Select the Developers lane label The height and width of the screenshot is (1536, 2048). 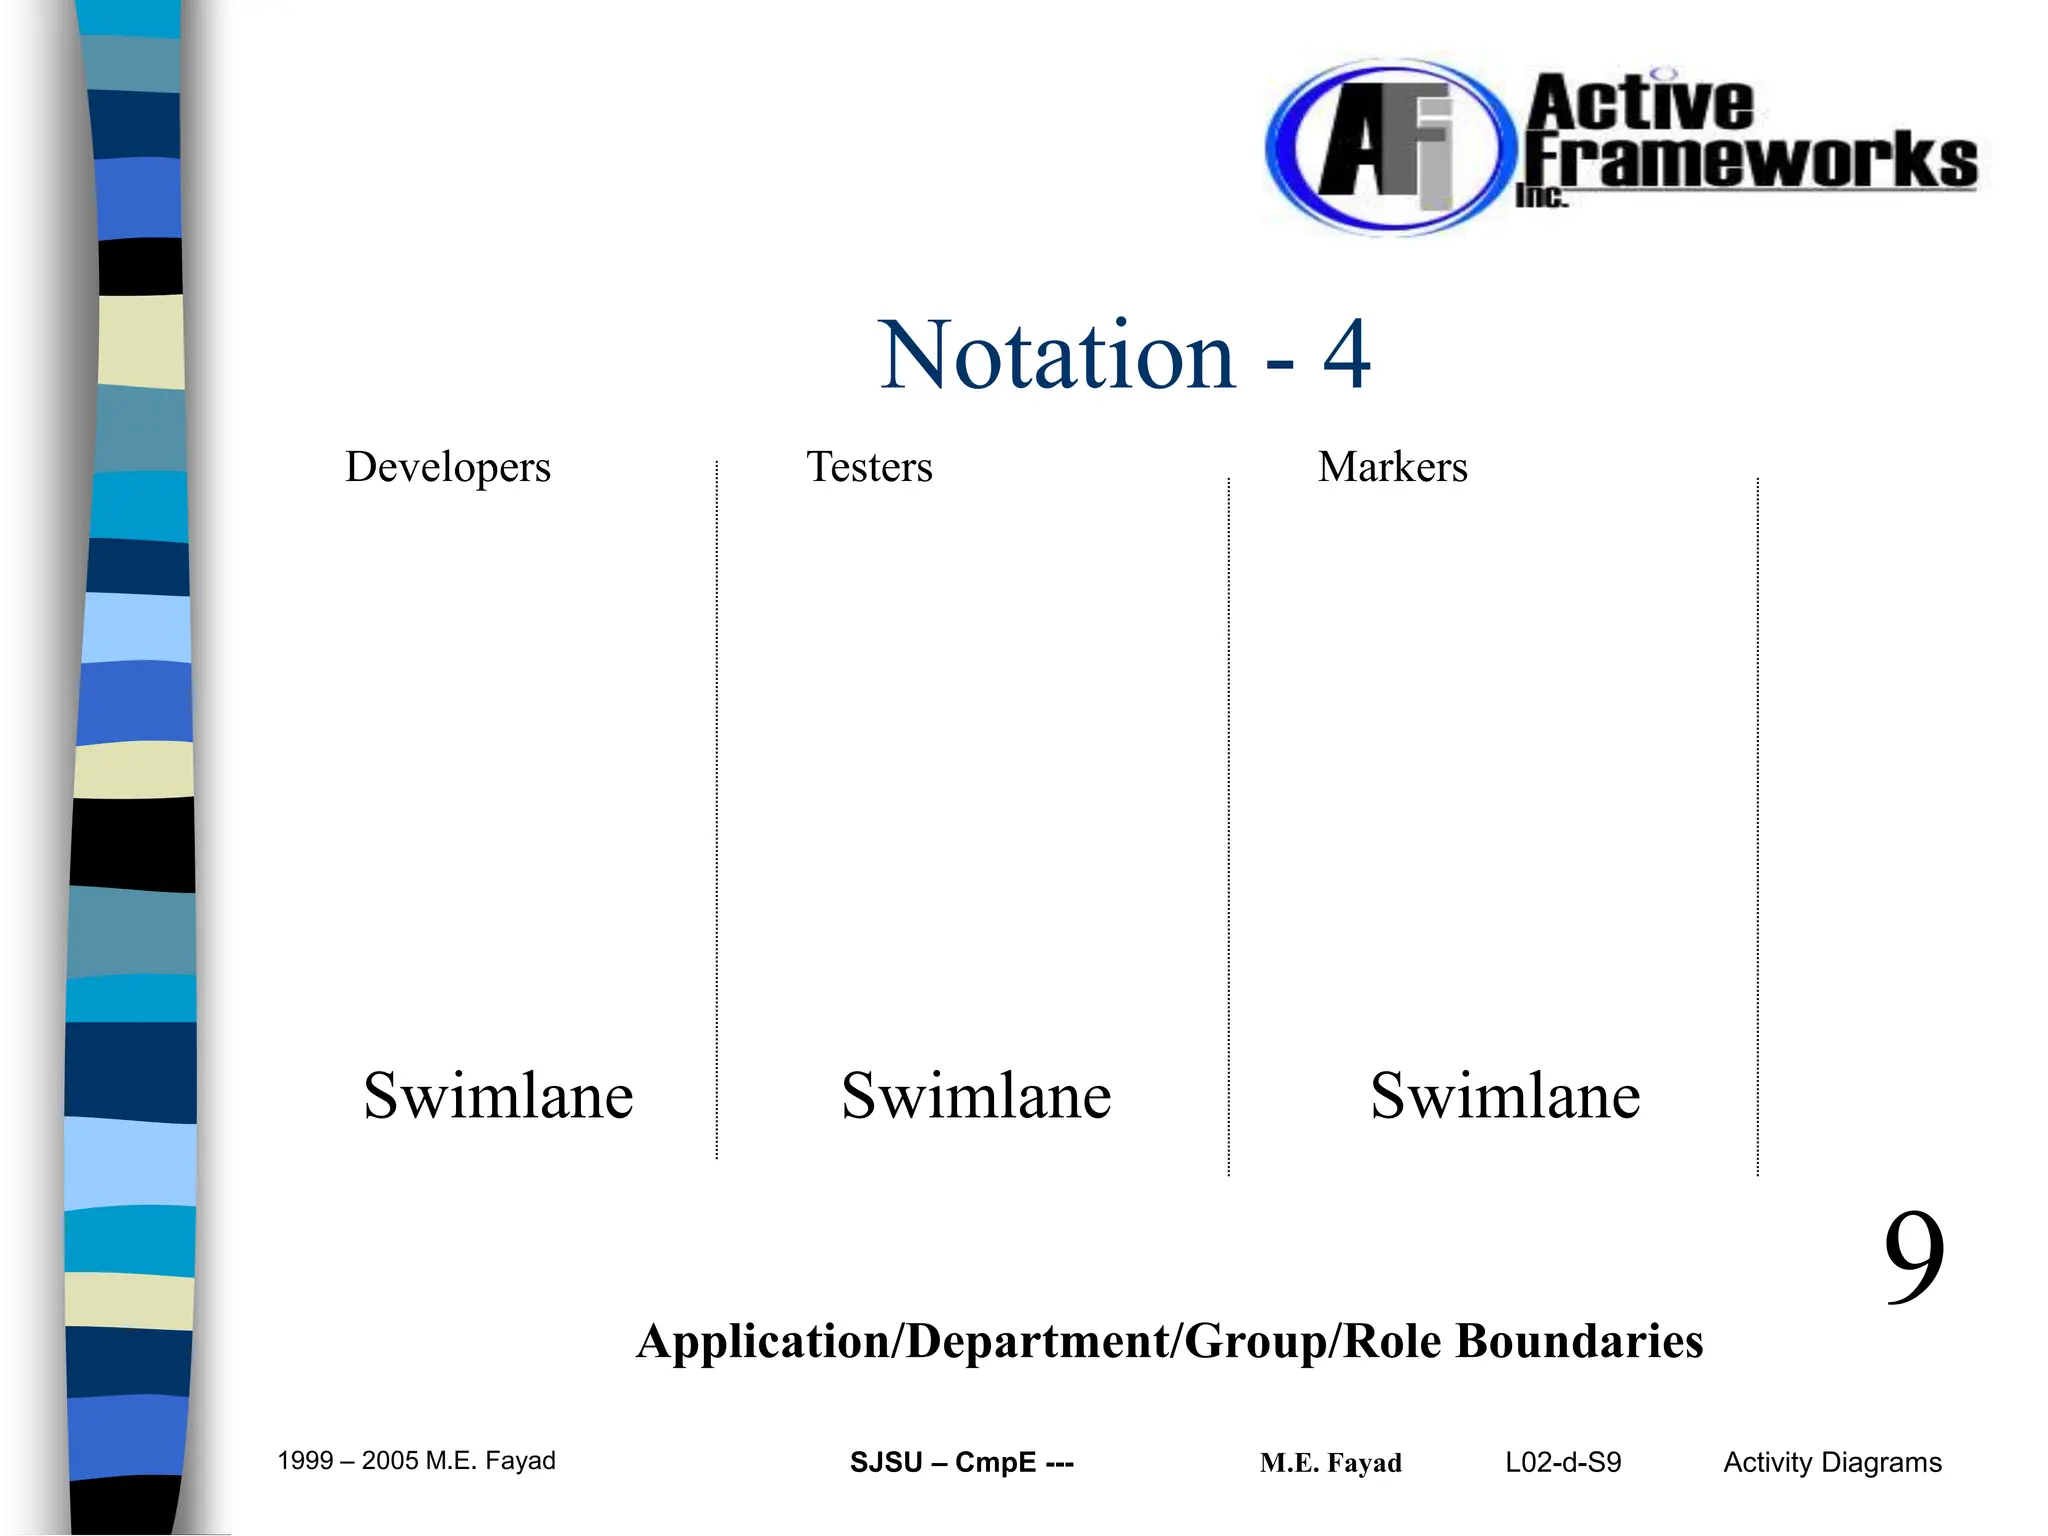pos(448,467)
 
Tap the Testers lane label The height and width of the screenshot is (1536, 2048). pos(869,467)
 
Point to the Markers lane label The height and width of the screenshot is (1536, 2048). pos(1392,467)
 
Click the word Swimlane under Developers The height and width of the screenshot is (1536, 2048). pos(498,1096)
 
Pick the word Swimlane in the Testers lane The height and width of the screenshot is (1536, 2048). pos(976,1096)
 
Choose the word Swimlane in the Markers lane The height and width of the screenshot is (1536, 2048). pos(1505,1096)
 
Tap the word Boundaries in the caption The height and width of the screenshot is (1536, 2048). pos(1579,1341)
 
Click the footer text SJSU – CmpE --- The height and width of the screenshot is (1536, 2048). pos(961,1462)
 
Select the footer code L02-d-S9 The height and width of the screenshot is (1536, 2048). pos(1563,1462)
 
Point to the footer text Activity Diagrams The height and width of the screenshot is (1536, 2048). pos(1832,1462)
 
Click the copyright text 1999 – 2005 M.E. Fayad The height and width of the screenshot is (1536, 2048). pos(416,1461)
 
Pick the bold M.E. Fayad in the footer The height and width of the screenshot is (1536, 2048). pos(1330,1463)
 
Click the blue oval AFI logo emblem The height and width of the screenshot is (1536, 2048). pos(1385,148)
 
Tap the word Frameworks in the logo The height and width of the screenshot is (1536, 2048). pos(1750,160)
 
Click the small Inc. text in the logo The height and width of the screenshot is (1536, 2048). pos(1541,197)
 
